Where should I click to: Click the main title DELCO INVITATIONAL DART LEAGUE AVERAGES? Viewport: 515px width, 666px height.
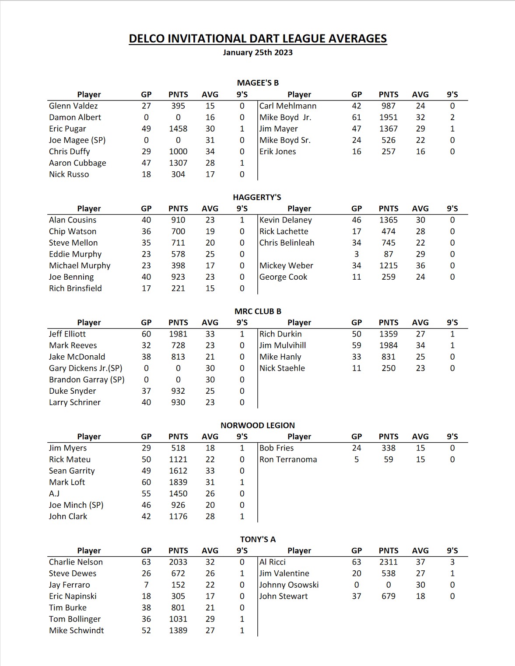click(x=258, y=39)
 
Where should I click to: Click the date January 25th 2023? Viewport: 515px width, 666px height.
click(x=258, y=52)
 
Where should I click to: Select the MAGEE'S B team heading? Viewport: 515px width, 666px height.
click(x=258, y=83)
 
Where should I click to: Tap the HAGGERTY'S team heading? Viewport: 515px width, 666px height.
click(x=257, y=197)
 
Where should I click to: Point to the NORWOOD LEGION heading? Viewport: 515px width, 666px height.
click(x=258, y=425)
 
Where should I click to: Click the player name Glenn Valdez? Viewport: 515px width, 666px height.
click(x=74, y=106)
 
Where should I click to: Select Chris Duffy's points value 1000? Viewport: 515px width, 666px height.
click(x=178, y=151)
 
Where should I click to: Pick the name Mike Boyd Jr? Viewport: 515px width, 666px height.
click(x=285, y=117)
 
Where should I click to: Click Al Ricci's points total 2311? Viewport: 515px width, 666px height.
click(x=389, y=562)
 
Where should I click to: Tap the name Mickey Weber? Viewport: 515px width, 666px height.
click(x=286, y=265)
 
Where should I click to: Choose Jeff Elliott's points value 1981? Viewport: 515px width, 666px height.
click(x=178, y=334)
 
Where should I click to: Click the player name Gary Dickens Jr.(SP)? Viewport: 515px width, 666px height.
click(x=86, y=368)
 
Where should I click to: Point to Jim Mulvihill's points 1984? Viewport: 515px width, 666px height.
click(x=389, y=345)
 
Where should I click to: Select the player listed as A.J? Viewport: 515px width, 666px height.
click(x=54, y=493)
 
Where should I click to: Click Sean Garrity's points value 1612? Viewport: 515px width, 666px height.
click(x=178, y=471)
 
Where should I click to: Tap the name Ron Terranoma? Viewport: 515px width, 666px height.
click(x=288, y=459)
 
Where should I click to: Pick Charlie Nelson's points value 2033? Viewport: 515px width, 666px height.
click(x=178, y=562)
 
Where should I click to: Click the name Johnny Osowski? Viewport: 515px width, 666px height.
click(x=289, y=585)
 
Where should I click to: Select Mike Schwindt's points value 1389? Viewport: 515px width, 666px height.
click(x=178, y=630)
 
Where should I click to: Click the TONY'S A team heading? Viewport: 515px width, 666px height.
click(x=258, y=539)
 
